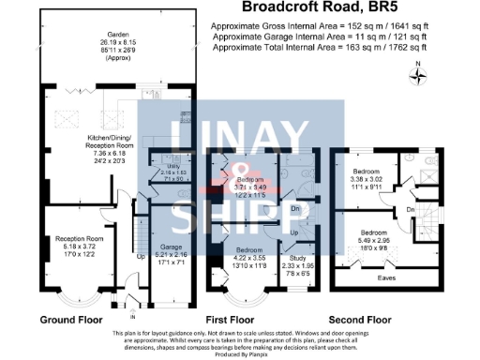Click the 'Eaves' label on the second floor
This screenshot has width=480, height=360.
point(384,277)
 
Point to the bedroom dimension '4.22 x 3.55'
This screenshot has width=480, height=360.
point(248,257)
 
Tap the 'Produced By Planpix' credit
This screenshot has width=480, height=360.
point(240,354)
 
